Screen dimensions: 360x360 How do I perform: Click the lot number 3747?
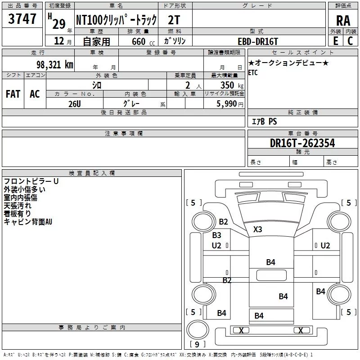click(22, 19)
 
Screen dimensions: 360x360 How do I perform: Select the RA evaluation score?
click(343, 20)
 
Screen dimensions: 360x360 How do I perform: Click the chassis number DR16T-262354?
click(302, 143)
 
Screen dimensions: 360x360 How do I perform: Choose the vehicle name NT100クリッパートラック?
click(116, 20)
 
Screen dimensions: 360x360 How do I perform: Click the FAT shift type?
click(13, 94)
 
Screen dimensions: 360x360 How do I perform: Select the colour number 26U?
click(75, 103)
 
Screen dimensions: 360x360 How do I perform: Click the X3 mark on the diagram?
click(257, 229)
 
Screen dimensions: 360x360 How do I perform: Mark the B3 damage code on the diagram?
click(216, 235)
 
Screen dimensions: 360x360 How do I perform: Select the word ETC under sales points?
click(253, 73)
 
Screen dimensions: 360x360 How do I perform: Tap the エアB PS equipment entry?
click(264, 121)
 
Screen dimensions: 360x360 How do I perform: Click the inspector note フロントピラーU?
click(31, 181)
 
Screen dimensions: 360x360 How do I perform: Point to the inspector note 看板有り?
click(18, 213)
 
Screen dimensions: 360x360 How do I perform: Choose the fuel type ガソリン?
click(175, 41)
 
